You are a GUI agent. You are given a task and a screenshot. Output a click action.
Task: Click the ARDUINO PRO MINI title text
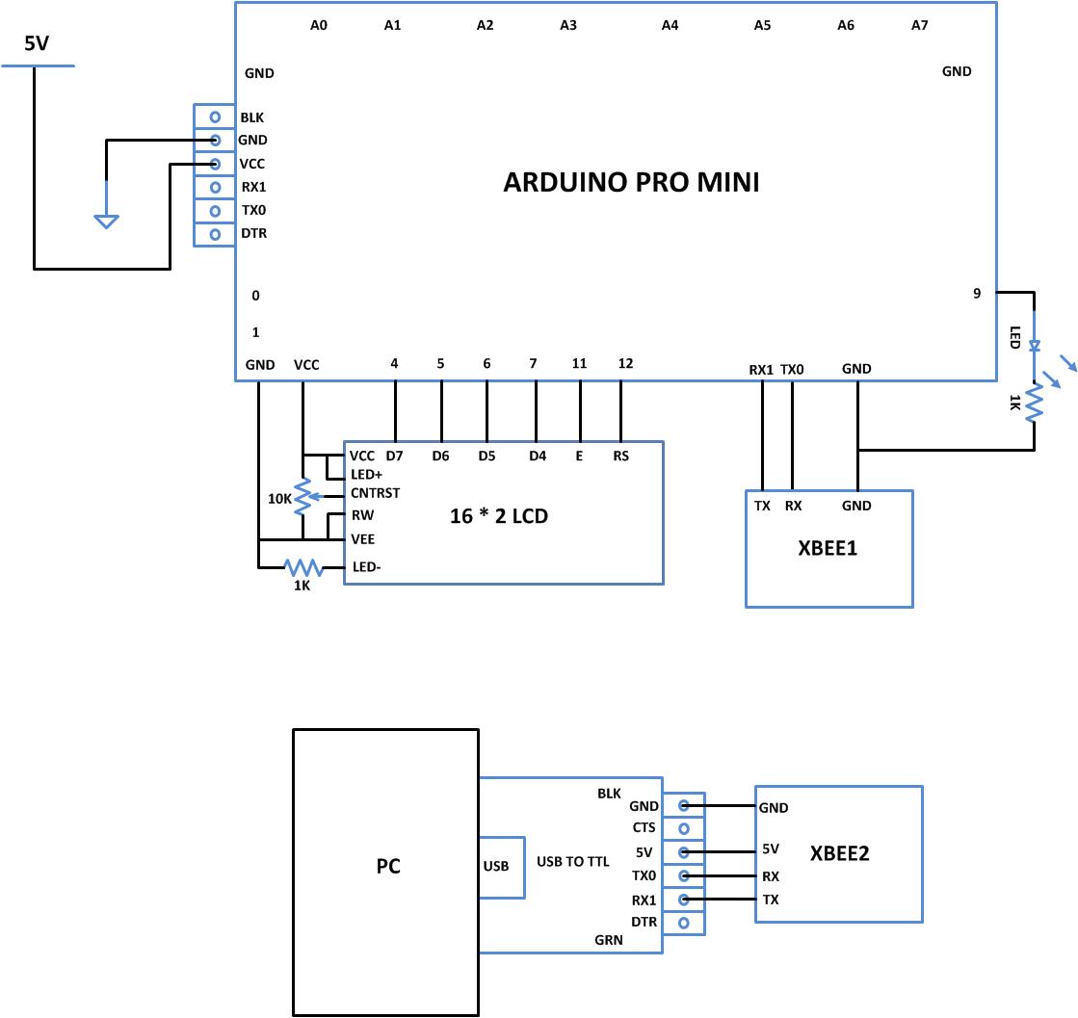[631, 182]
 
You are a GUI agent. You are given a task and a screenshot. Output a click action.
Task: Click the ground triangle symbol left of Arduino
[106, 222]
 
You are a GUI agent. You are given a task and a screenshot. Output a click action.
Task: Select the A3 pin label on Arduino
[568, 26]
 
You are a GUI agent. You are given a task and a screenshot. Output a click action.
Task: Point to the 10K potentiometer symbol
[302, 497]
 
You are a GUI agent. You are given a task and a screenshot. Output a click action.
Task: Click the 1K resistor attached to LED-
[302, 567]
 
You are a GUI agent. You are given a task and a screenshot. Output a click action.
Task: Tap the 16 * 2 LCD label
[499, 516]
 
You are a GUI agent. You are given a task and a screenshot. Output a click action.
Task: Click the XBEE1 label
[828, 549]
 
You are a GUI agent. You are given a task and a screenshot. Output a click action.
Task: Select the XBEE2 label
[840, 853]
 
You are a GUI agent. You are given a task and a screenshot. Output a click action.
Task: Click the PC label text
[388, 867]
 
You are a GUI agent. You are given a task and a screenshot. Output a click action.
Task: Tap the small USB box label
[495, 866]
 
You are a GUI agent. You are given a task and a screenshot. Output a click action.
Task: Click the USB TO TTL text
[572, 862]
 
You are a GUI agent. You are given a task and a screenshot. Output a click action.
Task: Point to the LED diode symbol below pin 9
[1034, 345]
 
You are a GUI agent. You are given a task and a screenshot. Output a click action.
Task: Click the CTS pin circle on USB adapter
[684, 828]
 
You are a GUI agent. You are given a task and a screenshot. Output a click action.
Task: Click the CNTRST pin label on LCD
[375, 493]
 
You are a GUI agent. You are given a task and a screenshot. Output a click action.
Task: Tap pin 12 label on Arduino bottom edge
[625, 364]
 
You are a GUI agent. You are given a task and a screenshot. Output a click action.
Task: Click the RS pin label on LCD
[620, 456]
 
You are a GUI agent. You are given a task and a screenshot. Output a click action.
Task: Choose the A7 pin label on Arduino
[919, 26]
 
